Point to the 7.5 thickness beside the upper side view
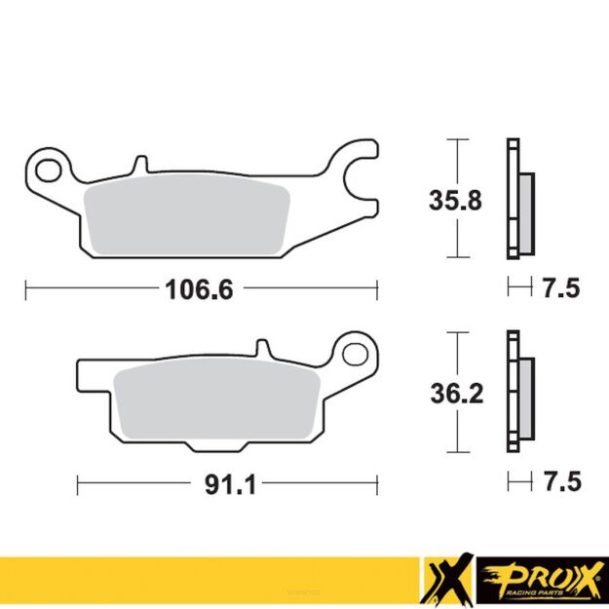[x=560, y=288]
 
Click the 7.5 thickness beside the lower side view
[x=560, y=482]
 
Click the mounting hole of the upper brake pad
[x=46, y=172]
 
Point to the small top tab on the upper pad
[x=140, y=163]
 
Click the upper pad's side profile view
[x=515, y=200]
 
